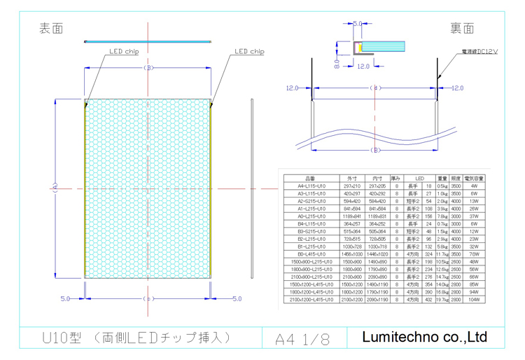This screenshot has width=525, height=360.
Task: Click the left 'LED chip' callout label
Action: (123, 52)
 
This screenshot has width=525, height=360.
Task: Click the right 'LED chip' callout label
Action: (249, 51)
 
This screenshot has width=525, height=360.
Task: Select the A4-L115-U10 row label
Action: (310, 186)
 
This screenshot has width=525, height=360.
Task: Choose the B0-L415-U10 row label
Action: (310, 254)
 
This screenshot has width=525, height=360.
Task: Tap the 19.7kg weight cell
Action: (442, 300)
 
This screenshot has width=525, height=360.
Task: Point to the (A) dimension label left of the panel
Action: (54, 188)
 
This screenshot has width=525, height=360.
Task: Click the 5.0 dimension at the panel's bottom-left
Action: (65, 299)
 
